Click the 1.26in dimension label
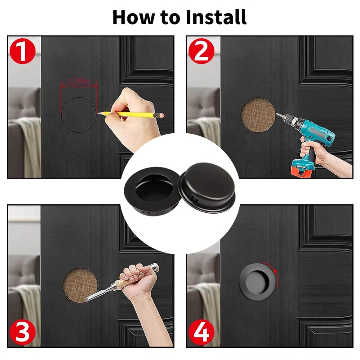[x=79, y=81]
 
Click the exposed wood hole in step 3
[x=80, y=286]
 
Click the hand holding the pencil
[x=135, y=112]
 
